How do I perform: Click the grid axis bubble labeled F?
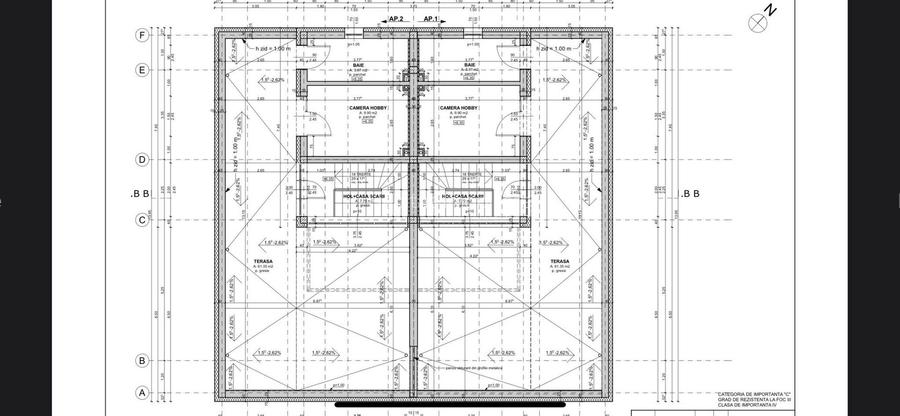coord(142,35)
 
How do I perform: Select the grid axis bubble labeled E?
coord(142,70)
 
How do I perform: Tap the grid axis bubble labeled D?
coord(142,159)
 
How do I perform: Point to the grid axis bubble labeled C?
coord(142,219)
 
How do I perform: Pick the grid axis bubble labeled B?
coord(142,361)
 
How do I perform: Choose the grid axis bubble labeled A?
coord(142,393)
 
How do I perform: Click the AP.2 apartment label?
coord(395,19)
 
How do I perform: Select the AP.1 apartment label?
coord(431,19)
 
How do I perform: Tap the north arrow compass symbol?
coord(757,19)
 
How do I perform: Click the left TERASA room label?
coord(263,261)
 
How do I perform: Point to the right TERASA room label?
coord(560,261)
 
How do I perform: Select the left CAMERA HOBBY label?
coord(367,108)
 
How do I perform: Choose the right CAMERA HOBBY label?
coord(458,108)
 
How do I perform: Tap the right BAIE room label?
coord(468,65)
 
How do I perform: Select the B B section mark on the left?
coord(139,194)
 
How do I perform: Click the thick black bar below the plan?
coord(450,405)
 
